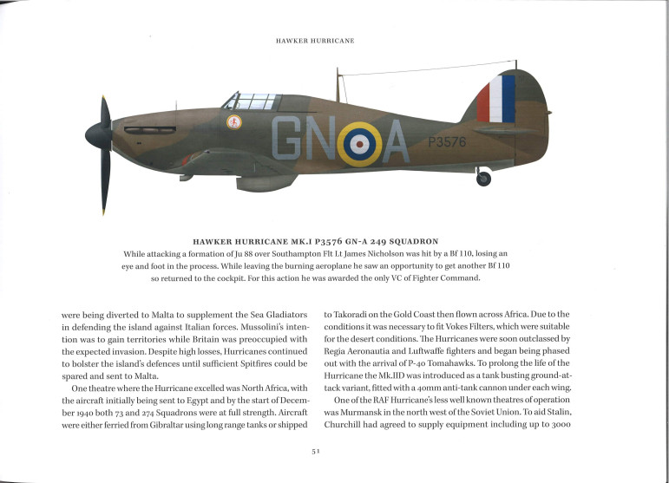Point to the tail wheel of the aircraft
tap(483, 179)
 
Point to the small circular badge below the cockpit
tap(234, 122)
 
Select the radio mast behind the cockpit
tap(336, 86)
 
